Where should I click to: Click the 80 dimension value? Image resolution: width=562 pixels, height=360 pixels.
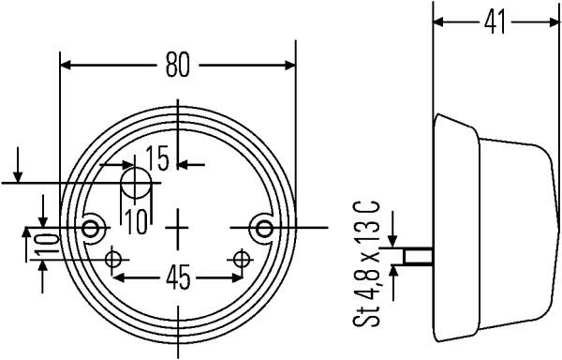coord(177,65)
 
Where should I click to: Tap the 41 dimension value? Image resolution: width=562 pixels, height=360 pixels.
coord(495,22)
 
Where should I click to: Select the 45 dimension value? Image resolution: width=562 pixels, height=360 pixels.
coord(178,277)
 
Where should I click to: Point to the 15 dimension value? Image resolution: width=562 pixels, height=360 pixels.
coord(157,158)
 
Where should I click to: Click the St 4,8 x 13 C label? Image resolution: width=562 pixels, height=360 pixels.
coord(366,263)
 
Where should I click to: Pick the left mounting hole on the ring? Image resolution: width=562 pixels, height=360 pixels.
coord(90,229)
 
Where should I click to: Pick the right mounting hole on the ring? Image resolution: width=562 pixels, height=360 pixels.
coord(265,229)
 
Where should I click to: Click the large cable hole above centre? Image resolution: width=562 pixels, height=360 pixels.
coord(136,183)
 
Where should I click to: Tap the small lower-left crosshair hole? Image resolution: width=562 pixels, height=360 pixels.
coord(113,259)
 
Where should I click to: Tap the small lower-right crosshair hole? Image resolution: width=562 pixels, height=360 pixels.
coord(242,259)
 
